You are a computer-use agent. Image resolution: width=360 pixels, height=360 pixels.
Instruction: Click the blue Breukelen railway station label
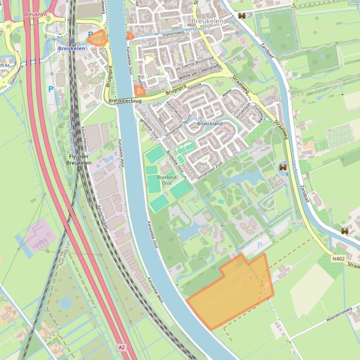[x=72, y=48]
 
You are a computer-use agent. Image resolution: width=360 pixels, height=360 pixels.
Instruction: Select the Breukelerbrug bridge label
[x=125, y=101]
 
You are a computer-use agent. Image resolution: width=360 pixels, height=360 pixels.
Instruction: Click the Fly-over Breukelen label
[x=79, y=159]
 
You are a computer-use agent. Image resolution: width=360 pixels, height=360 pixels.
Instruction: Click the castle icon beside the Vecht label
[x=283, y=167]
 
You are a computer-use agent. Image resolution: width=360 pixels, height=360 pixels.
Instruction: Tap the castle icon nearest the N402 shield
[x=345, y=230]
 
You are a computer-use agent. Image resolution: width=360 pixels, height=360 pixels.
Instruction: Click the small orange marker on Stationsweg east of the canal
[x=130, y=35]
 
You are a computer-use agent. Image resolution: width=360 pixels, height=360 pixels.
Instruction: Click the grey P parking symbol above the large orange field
[x=260, y=245]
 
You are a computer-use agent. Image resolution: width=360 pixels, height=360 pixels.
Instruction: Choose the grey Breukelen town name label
[x=207, y=22]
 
